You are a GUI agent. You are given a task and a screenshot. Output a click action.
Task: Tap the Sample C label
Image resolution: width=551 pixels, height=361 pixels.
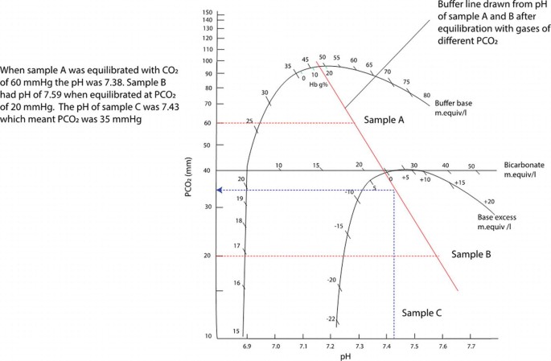pos(423,312)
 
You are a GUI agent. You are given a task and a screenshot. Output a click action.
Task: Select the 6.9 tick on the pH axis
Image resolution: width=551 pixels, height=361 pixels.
pos(248,345)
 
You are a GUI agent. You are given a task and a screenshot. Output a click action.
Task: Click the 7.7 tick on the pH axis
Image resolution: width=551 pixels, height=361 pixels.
pos(471,345)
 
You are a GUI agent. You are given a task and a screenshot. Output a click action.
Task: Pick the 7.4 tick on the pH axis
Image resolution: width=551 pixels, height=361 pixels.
pos(388,345)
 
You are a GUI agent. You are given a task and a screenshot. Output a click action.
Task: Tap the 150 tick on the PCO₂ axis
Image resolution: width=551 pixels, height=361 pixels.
pos(208,13)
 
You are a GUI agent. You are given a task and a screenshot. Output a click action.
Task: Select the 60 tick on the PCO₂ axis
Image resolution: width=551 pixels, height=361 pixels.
pos(208,123)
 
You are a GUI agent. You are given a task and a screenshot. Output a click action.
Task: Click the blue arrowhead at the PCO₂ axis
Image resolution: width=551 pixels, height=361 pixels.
pos(220,190)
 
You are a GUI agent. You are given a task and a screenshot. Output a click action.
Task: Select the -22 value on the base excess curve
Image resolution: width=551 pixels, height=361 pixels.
pos(330,319)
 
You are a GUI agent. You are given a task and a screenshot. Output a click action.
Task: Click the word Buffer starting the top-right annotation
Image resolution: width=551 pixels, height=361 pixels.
pos(448,6)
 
